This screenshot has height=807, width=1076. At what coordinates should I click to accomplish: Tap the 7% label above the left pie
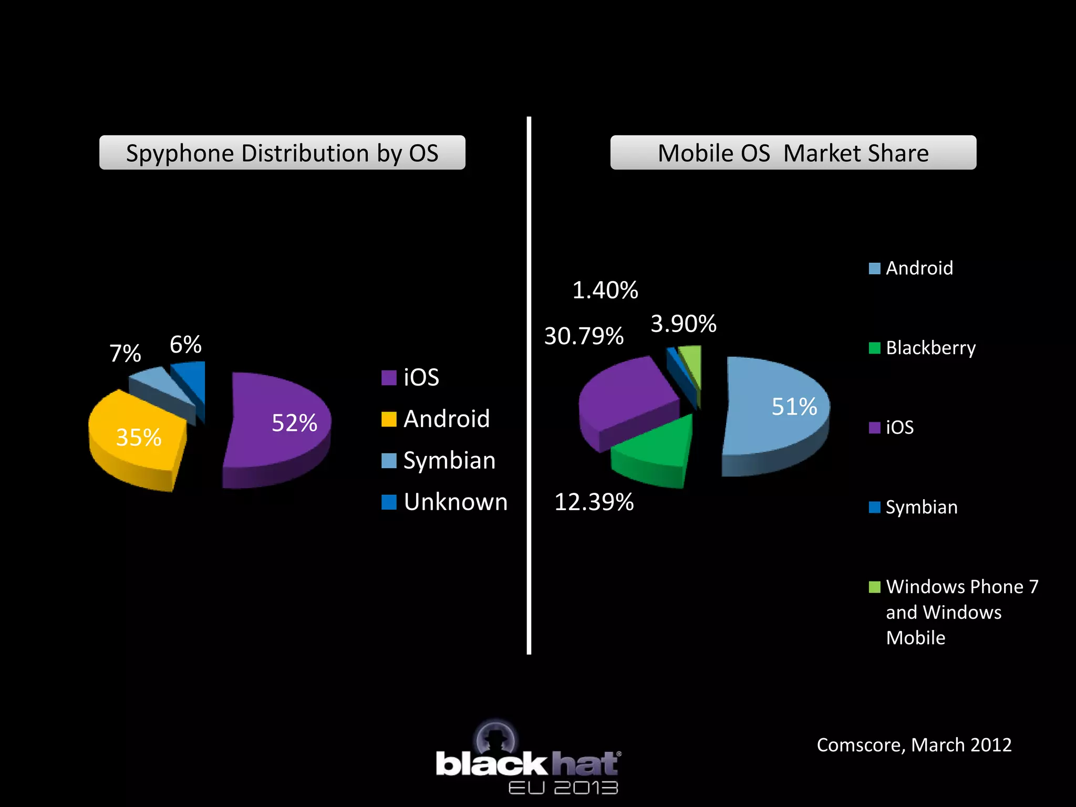point(125,354)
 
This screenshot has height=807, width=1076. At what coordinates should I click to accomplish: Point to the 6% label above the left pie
point(185,345)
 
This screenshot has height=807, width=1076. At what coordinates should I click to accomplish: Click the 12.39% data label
point(594,502)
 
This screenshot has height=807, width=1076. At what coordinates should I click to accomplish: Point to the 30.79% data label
point(584,336)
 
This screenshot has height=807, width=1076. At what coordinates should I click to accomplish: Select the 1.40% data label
point(605,291)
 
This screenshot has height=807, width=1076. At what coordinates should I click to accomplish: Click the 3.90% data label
point(684,324)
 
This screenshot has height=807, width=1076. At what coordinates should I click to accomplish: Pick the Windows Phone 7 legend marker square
point(874,587)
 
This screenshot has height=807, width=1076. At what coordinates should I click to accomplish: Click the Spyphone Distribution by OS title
point(282,153)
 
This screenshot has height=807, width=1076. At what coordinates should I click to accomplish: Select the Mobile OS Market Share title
point(793,153)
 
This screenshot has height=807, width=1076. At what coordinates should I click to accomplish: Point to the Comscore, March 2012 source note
point(914,745)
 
